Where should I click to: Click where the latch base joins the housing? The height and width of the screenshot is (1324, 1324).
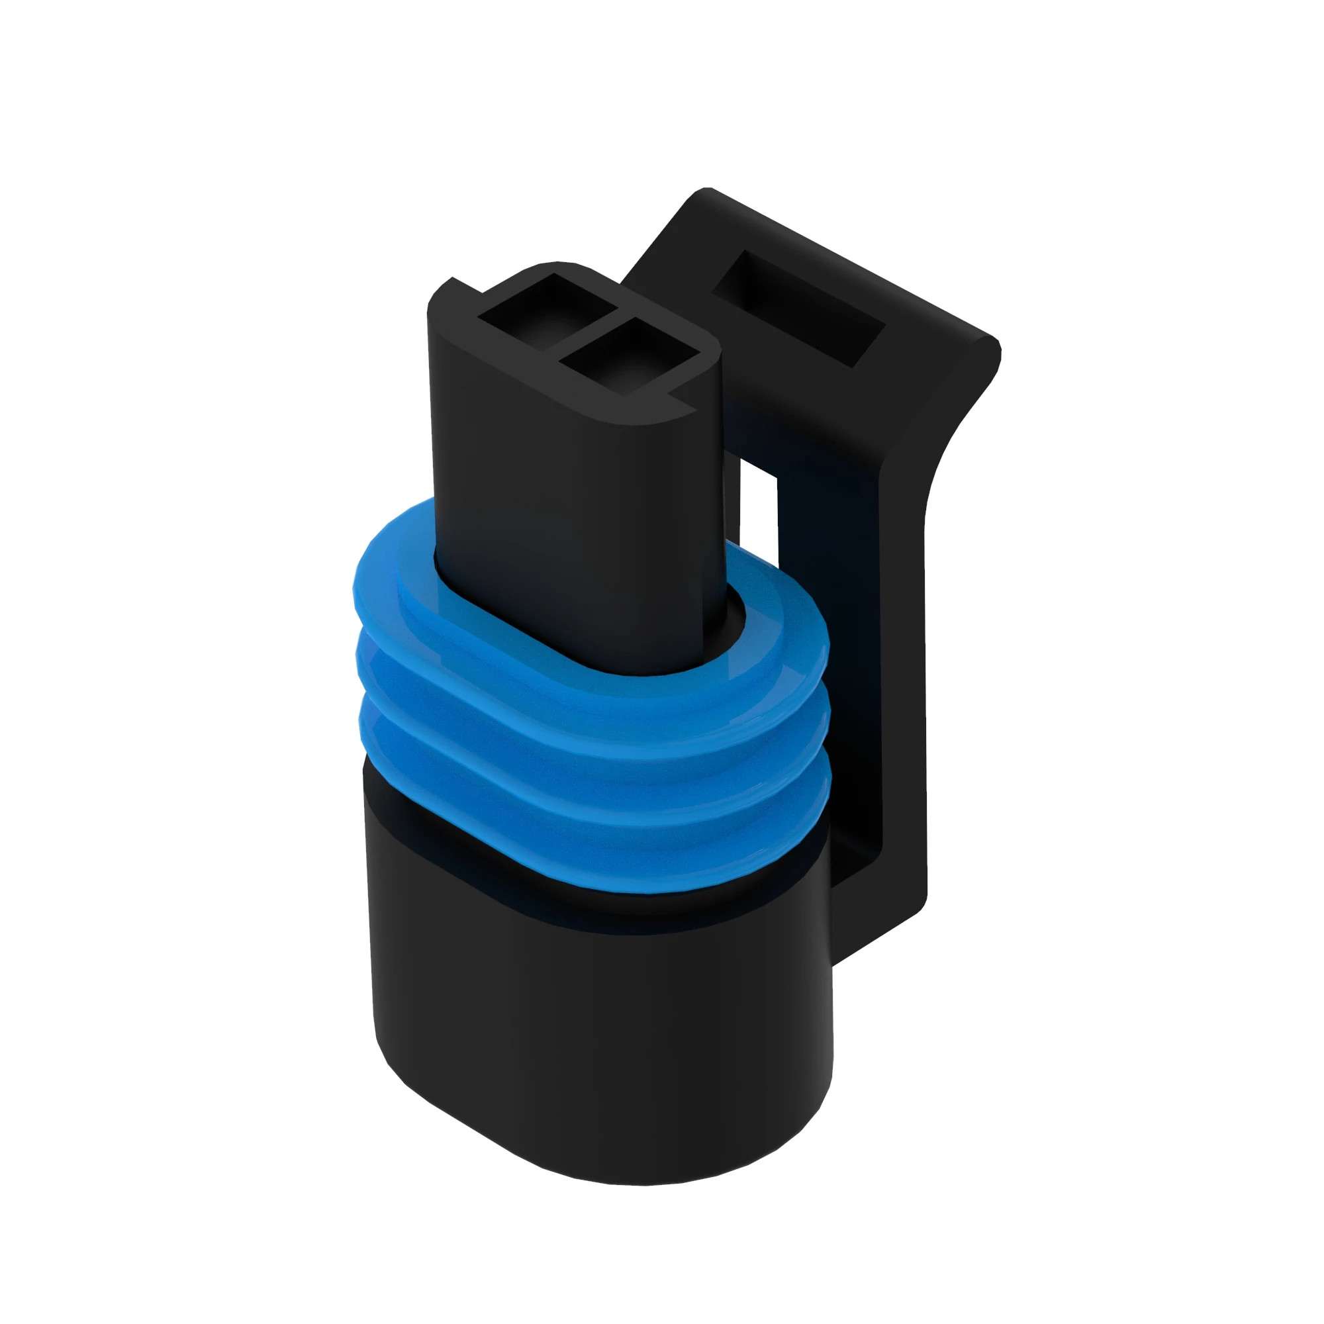(863, 939)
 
